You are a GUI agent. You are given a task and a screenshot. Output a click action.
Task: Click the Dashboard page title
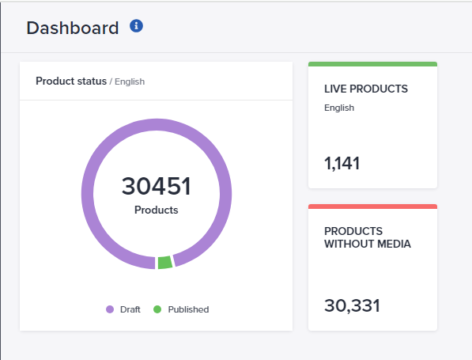[72, 28]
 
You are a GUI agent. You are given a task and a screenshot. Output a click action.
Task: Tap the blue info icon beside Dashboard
[137, 26]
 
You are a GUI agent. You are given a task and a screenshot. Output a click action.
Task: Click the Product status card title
[71, 81]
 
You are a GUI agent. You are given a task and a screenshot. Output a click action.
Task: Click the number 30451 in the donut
[156, 187]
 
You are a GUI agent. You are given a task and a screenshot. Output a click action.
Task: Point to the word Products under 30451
[156, 210]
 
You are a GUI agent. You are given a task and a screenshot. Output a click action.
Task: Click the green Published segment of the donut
[164, 262]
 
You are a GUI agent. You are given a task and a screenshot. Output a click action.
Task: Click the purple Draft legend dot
[110, 309]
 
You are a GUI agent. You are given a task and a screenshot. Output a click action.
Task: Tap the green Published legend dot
[157, 309]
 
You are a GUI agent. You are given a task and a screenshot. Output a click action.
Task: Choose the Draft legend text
[130, 309]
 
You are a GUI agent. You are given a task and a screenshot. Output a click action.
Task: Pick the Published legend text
[187, 309]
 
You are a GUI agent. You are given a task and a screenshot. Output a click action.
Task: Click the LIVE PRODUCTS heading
[365, 89]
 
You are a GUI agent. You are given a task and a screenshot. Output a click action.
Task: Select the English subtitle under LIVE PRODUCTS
[339, 108]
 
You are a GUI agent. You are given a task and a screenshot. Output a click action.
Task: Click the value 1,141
[342, 164]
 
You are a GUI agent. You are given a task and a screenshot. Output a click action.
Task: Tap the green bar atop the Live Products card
[372, 64]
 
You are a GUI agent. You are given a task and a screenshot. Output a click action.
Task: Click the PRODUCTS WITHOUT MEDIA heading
[367, 237]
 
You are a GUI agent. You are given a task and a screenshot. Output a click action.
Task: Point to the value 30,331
[352, 305]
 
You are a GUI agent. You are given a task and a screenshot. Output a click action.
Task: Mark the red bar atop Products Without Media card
[372, 207]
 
